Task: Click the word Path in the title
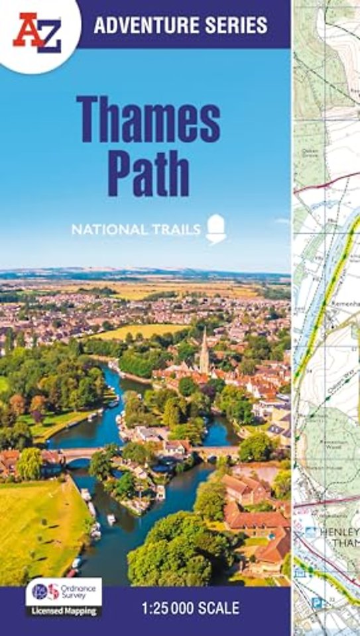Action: (x=148, y=174)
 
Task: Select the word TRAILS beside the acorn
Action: (x=174, y=230)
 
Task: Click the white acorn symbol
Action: (x=216, y=229)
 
